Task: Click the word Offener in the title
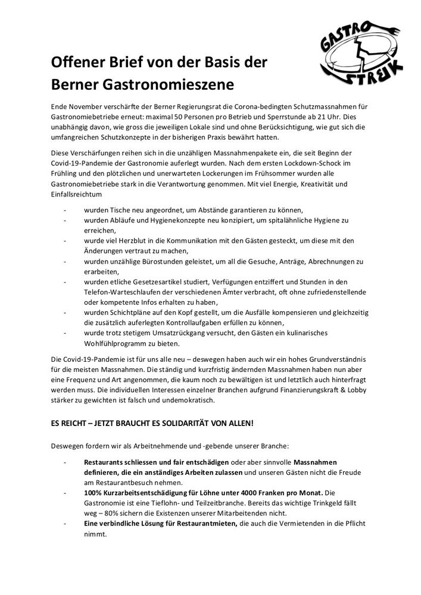click(77, 62)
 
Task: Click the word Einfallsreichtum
click(77, 195)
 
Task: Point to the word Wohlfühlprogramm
click(119, 343)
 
